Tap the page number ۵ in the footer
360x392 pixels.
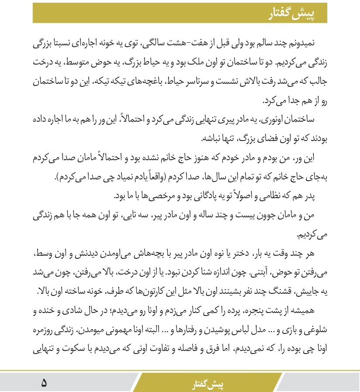pos(45,383)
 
